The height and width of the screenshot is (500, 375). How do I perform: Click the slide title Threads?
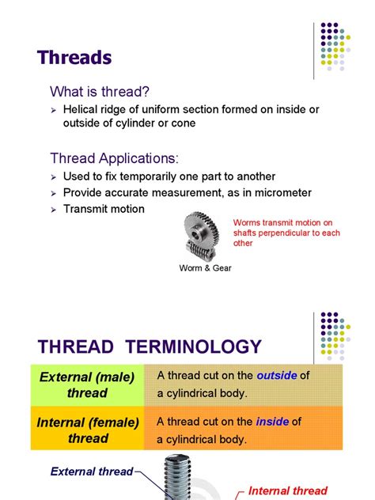(x=75, y=58)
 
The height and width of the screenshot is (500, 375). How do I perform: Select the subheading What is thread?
(x=100, y=91)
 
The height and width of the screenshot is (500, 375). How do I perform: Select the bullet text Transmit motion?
(x=104, y=209)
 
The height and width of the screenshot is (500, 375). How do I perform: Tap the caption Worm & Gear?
(x=206, y=267)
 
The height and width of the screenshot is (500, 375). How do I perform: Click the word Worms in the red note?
(x=247, y=222)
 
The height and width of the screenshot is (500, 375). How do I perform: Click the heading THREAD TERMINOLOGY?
(x=150, y=347)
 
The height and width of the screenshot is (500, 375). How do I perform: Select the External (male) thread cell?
(x=87, y=384)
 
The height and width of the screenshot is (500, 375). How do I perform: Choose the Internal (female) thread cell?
(x=87, y=430)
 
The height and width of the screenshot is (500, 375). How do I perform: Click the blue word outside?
(x=276, y=376)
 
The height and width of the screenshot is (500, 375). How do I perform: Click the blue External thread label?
(x=92, y=472)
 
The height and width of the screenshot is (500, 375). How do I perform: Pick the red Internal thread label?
(x=287, y=491)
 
